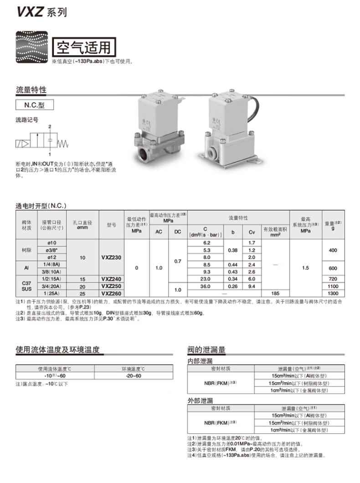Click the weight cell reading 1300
click(333, 293)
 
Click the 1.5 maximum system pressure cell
click(305, 268)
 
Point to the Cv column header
click(252, 232)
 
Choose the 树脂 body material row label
click(27, 250)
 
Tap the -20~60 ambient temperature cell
click(134, 375)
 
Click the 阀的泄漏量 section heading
click(206, 350)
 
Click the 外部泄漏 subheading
click(200, 400)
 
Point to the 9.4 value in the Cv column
click(252, 286)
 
